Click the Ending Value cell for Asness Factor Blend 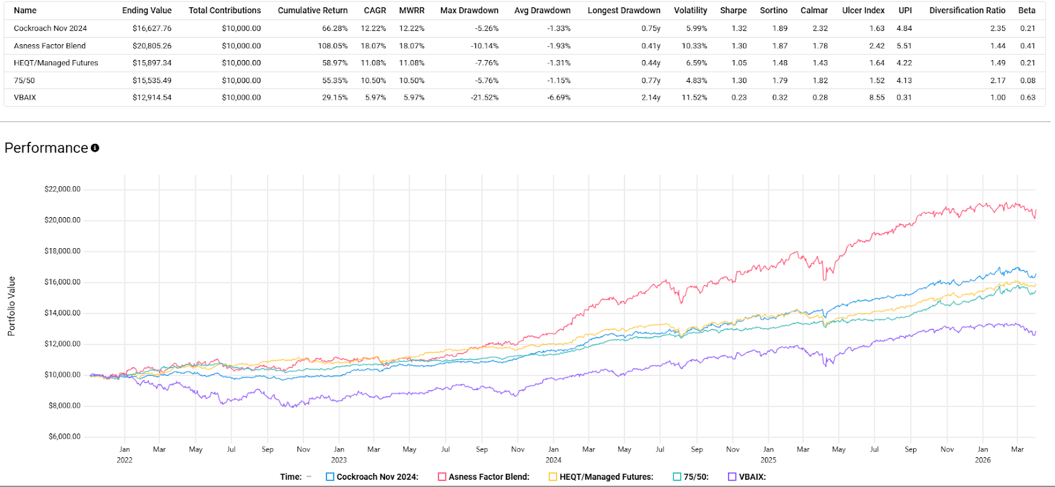click(x=152, y=46)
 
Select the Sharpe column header click(x=733, y=11)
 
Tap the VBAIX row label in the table click(x=25, y=98)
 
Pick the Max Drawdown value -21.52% click(x=485, y=98)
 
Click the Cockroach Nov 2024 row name click(x=50, y=28)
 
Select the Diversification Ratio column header click(x=967, y=11)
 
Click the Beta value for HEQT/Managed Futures click(x=1028, y=63)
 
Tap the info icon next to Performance click(x=95, y=148)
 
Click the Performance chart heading click(x=46, y=148)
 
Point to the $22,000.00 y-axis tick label click(x=63, y=189)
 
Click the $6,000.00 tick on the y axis click(x=65, y=437)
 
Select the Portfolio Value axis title click(x=12, y=306)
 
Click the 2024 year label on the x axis click(x=553, y=460)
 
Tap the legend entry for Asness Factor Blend click(x=484, y=476)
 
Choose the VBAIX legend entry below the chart click(x=747, y=476)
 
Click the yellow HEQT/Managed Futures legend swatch click(x=553, y=476)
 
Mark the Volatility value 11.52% click(x=694, y=98)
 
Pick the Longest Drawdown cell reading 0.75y click(x=651, y=28)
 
